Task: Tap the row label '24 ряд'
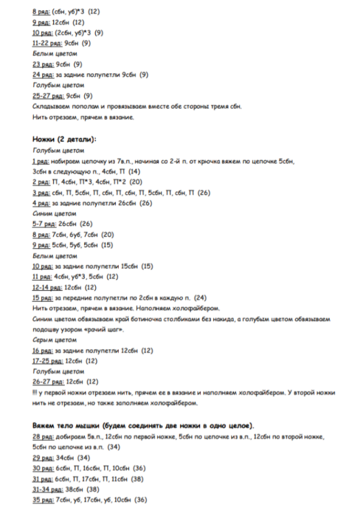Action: (x=43, y=75)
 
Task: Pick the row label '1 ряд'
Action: (x=41, y=160)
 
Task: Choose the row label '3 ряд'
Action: (x=41, y=192)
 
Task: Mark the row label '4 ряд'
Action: (x=41, y=202)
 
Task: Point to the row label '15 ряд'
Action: (x=43, y=297)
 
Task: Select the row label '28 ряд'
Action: (x=43, y=437)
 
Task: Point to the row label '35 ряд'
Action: (x=43, y=500)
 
